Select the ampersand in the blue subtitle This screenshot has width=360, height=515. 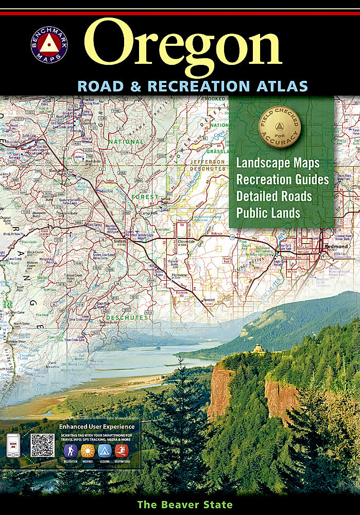pos(136,85)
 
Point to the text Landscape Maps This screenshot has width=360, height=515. pos(278,163)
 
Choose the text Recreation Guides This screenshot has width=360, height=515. pos(282,180)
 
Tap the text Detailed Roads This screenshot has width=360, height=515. pos(274,196)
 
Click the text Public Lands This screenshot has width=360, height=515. pos(268,212)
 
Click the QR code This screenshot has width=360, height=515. pos(42,445)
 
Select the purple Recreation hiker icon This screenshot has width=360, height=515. pos(71,451)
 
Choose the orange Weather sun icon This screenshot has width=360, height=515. pos(88,451)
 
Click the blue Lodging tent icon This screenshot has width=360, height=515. pos(105,451)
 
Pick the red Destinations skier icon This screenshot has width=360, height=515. pos(122,451)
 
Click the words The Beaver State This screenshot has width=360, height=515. pos(185,505)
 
